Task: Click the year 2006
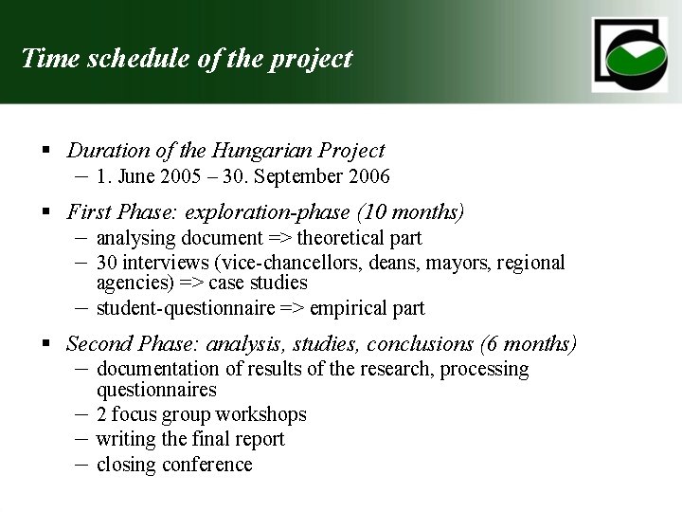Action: (368, 176)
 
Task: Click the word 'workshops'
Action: (261, 415)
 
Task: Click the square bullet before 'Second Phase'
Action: (45, 343)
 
